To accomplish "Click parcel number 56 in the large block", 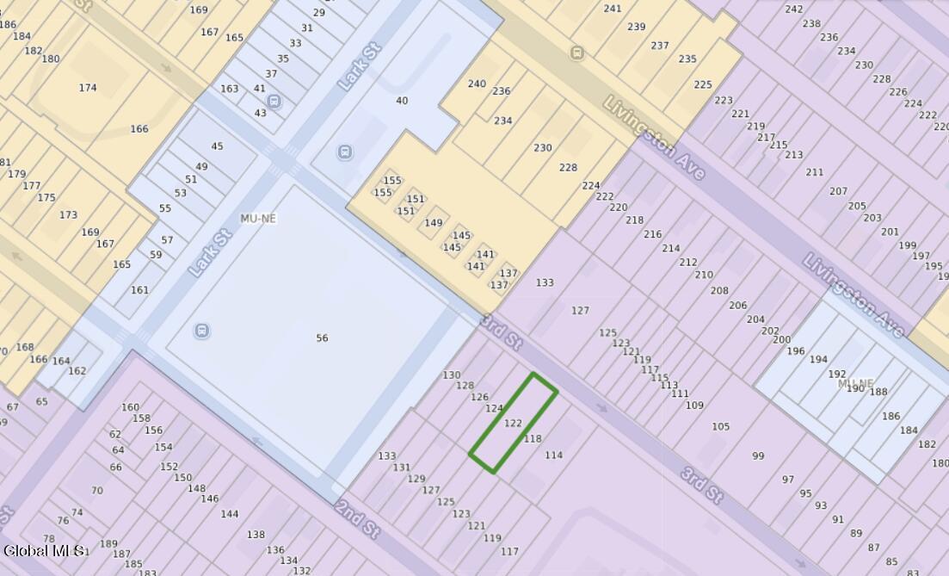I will click(x=322, y=338).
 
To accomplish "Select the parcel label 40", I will click(x=402, y=101).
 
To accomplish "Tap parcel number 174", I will click(x=88, y=88).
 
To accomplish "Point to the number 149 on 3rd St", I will click(x=433, y=223).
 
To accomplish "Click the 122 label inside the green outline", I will click(x=513, y=423).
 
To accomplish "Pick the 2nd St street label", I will click(x=357, y=517).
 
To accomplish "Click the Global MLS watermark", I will click(x=43, y=550).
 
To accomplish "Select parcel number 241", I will click(x=613, y=9).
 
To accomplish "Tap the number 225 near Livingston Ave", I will click(x=703, y=84).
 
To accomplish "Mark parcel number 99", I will click(x=758, y=456).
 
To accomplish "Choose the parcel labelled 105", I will click(x=720, y=426).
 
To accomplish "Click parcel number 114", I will click(x=554, y=455).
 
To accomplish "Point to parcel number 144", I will click(x=230, y=514).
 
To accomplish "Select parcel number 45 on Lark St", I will click(x=217, y=146).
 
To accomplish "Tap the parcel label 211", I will click(x=814, y=172).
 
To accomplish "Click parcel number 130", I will click(x=452, y=375).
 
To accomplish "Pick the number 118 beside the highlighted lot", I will click(x=533, y=439).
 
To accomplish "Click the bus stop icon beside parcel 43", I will click(x=274, y=102).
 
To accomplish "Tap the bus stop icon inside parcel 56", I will click(x=202, y=331).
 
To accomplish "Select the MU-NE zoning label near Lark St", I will click(x=258, y=219).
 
